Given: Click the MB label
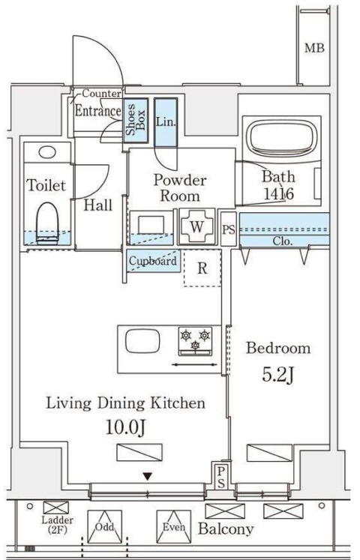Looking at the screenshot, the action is tap(314, 47).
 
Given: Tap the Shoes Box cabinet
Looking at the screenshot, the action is tap(136, 120).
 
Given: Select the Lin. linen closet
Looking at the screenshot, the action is tap(166, 122).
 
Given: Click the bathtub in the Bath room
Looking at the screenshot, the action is tap(283, 138).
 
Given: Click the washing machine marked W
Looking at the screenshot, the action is tap(196, 226).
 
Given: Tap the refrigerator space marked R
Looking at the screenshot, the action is tap(202, 268).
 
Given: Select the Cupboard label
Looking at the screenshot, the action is tap(153, 261).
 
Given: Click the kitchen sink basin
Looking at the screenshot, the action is tap(142, 340).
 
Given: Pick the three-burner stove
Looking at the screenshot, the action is tap(195, 341).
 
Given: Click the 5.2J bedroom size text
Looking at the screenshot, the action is tap(278, 374).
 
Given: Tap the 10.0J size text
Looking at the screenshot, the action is tap(126, 427).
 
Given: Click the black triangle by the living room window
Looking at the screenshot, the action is tap(148, 477).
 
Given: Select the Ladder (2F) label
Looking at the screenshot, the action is tap(57, 525).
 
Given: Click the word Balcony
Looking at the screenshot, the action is tap(226, 529).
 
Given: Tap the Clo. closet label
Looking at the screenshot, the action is tap(283, 241).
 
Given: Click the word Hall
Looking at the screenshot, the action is tap(97, 205).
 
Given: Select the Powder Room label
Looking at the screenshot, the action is tap(180, 188).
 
